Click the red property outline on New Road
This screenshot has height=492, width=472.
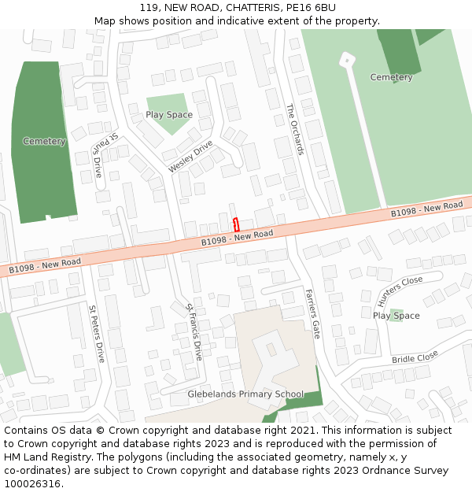point(236,224)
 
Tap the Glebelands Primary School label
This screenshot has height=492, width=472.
point(245,394)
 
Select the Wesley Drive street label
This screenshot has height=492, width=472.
point(190,157)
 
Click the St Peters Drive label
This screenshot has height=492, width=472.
point(96,334)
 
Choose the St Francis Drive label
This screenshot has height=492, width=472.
point(194,331)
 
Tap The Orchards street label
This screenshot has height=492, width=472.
point(294,129)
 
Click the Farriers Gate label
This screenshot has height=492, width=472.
point(312,313)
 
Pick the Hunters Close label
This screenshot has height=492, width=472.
point(400,290)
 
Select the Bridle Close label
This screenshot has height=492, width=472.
point(415,357)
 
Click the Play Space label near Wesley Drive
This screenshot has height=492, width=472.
point(169,115)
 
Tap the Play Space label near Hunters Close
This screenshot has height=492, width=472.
point(396,316)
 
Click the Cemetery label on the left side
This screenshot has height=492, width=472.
point(44,142)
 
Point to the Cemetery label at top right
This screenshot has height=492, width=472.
point(391,77)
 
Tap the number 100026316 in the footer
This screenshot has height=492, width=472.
point(32,483)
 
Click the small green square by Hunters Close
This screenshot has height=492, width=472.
point(396,315)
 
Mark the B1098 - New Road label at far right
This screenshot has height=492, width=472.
point(426,209)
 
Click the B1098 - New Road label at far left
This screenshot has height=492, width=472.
point(45,265)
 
